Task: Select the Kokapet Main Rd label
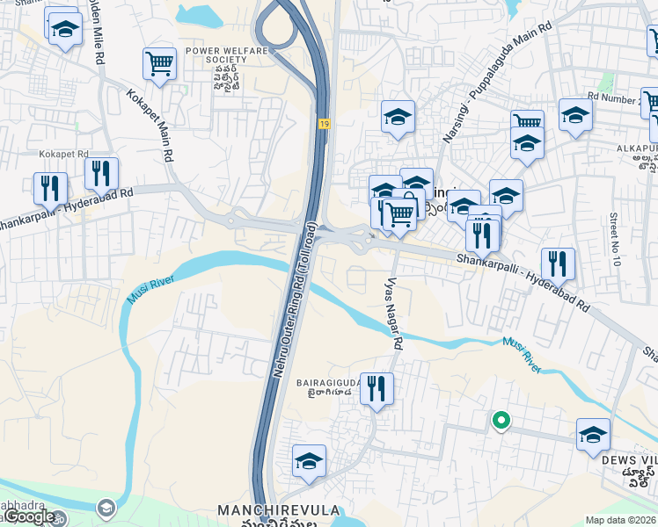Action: point(148,124)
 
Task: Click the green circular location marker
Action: point(501,421)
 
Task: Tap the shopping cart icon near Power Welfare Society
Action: point(159,63)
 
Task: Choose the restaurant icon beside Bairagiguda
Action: point(377,388)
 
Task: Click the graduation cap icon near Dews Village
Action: point(593,435)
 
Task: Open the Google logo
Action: point(30,517)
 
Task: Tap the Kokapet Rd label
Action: point(63,153)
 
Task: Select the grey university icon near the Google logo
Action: point(106,508)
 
